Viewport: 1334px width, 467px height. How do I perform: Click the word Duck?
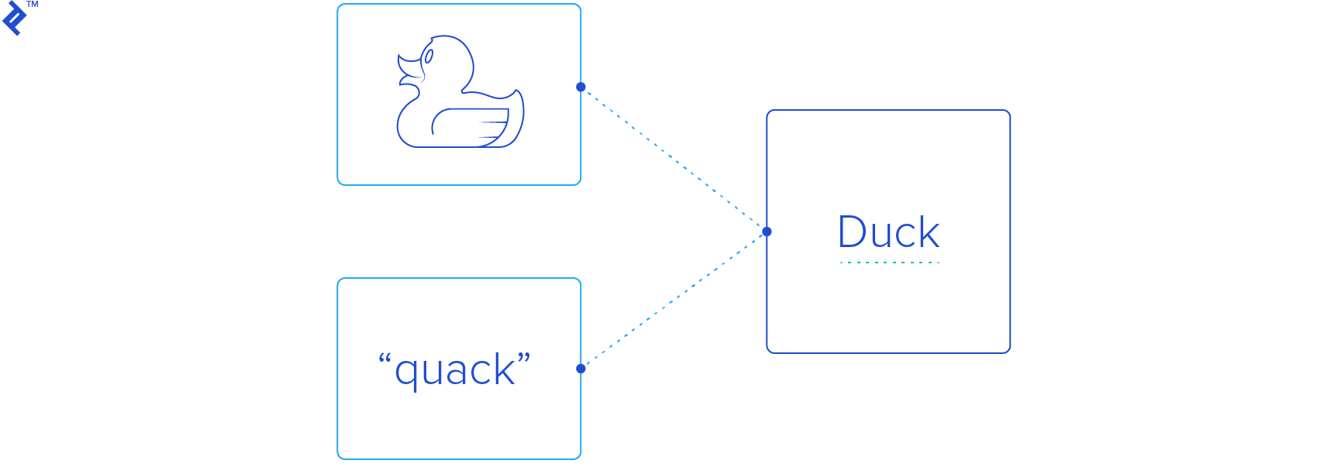888,232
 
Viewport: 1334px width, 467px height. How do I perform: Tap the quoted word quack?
455,369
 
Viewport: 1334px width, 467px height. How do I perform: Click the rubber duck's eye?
429,56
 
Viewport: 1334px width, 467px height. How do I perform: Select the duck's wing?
470,125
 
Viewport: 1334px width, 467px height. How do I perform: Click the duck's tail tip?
517,94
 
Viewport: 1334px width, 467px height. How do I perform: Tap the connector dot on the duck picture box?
581,87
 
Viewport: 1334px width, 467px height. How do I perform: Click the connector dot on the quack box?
581,369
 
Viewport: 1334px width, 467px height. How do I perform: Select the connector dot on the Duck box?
767,232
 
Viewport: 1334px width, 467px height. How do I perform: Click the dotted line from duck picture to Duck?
673,158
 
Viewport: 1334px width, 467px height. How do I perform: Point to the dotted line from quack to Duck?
673,300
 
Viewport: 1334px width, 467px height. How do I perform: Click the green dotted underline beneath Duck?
889,263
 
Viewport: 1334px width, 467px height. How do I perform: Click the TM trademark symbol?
33,5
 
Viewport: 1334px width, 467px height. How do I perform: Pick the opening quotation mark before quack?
384,359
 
